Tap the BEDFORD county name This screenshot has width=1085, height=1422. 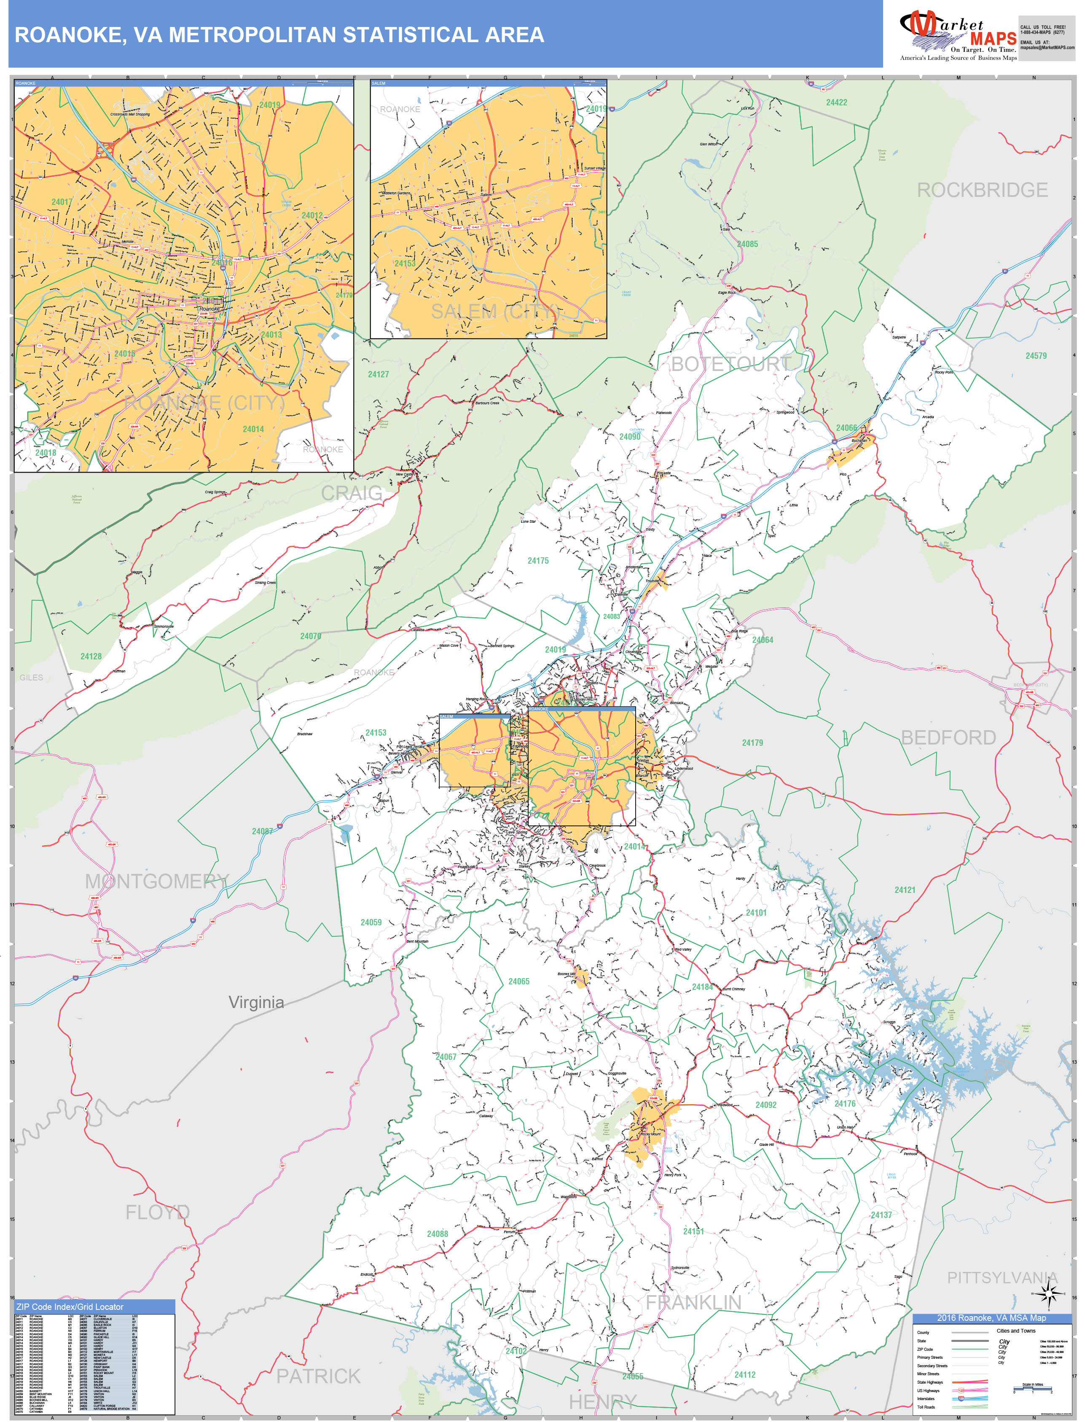948,737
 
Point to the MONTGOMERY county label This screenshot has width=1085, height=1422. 157,882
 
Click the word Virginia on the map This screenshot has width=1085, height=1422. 256,1002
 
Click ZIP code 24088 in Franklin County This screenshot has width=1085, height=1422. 437,1234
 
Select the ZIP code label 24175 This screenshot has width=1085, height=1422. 538,561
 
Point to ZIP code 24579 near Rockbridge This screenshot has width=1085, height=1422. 1036,356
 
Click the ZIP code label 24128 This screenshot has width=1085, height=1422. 91,656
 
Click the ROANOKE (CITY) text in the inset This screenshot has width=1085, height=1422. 204,403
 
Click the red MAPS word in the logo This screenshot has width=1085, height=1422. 993,39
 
